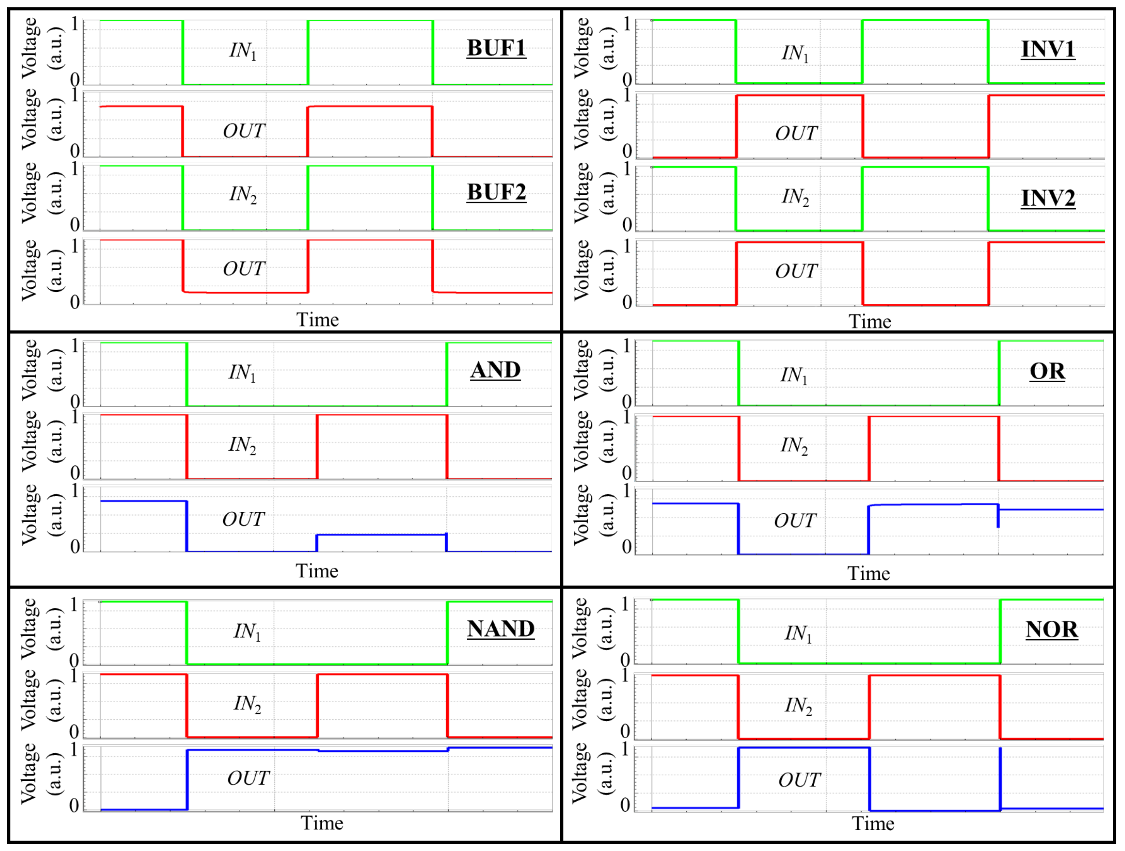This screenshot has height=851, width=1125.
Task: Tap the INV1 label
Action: [x=1048, y=49]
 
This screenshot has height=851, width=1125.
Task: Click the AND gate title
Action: [x=495, y=370]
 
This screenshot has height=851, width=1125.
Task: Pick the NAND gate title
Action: [x=501, y=629]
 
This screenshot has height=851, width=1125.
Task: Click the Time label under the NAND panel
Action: [x=321, y=823]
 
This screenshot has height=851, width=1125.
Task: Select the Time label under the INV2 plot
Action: [x=869, y=322]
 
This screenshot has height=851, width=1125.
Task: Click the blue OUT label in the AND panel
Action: [x=243, y=519]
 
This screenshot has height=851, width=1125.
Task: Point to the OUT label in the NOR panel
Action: [x=799, y=780]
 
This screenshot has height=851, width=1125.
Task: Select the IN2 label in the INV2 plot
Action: [x=795, y=197]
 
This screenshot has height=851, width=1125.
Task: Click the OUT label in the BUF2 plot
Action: [x=244, y=269]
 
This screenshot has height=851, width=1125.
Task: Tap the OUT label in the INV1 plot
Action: [x=796, y=133]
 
